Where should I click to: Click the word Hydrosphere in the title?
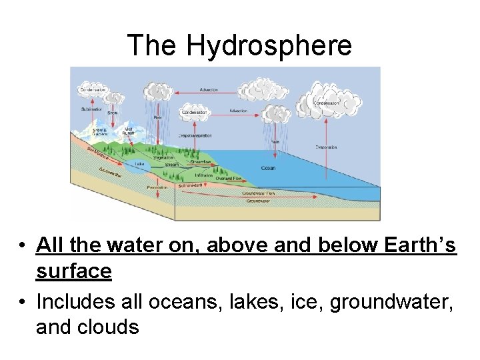[x=269, y=45]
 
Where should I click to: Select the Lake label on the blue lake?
[x=139, y=163]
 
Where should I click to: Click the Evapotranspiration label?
[x=195, y=135]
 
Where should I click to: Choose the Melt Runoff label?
[x=129, y=131]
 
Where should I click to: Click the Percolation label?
[x=157, y=187]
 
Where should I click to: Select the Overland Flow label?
[x=228, y=179]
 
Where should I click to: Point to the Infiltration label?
[x=203, y=175]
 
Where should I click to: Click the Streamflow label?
[x=200, y=161]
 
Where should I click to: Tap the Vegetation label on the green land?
[x=163, y=157]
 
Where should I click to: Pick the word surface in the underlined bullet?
[x=73, y=271]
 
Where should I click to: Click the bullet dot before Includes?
[x=23, y=302]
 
